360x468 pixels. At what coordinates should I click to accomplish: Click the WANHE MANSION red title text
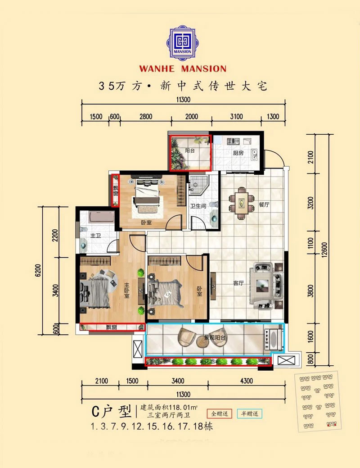pyautogui.click(x=183, y=69)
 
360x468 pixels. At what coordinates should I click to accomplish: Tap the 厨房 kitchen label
pyautogui.click(x=238, y=153)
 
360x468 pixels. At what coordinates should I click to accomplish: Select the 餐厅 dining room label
pyautogui.click(x=264, y=204)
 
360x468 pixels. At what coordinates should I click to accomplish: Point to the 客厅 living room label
pyautogui.click(x=238, y=283)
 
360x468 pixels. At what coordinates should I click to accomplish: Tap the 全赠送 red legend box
pyautogui.click(x=218, y=413)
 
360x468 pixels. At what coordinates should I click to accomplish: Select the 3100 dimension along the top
pyautogui.click(x=236, y=117)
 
